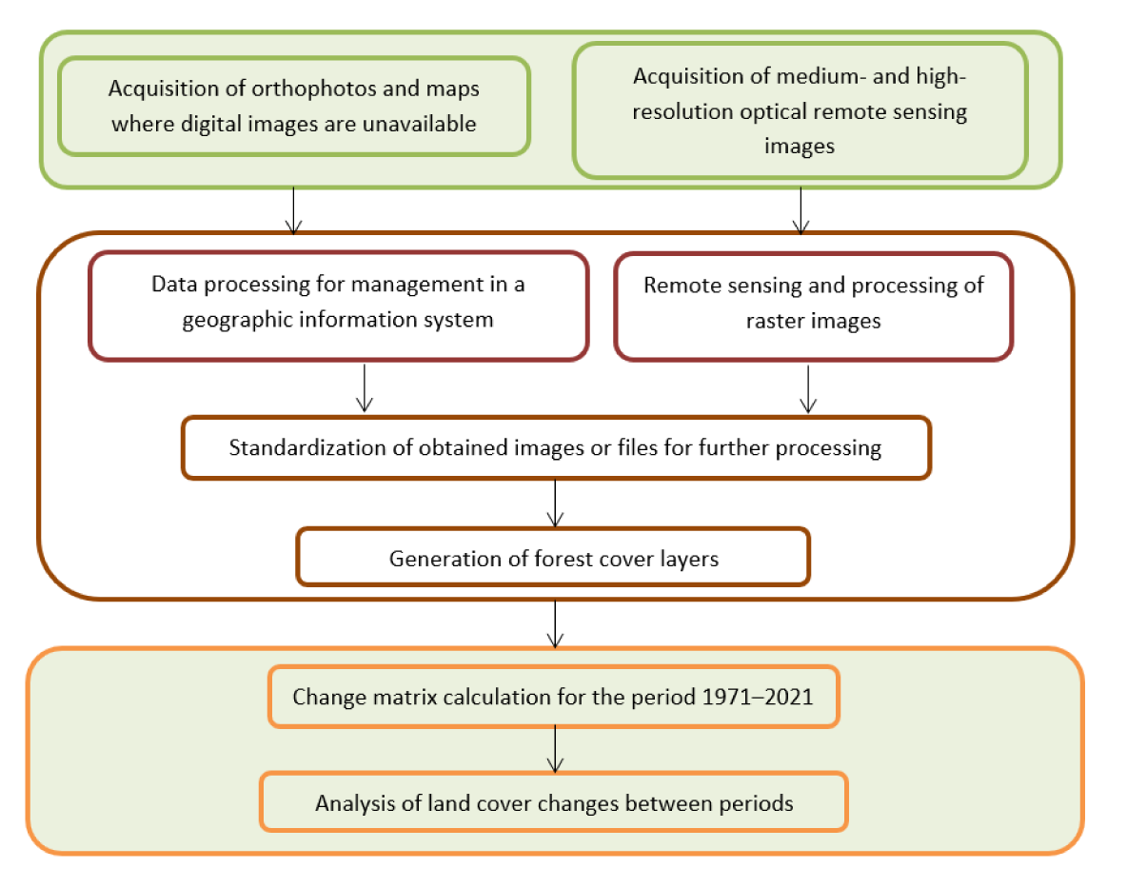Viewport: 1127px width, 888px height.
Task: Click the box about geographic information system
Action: (x=339, y=306)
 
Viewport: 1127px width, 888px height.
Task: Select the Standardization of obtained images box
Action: (x=556, y=447)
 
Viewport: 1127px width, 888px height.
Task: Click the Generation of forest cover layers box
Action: (x=553, y=558)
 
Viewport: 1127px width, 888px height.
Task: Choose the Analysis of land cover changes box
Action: (x=553, y=802)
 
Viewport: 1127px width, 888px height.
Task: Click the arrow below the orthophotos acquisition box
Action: (x=293, y=210)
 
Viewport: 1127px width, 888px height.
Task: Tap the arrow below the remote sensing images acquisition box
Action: (x=801, y=210)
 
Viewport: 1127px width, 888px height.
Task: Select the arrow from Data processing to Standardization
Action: (x=365, y=388)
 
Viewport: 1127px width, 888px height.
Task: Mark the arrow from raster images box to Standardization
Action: (x=808, y=388)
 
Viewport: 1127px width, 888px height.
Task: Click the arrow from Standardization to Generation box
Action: (x=555, y=503)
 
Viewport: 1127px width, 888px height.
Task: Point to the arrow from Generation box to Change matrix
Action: (x=555, y=623)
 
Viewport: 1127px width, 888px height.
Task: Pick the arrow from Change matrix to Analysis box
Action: (x=555, y=749)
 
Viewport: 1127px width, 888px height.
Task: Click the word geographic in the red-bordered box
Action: (x=237, y=321)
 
